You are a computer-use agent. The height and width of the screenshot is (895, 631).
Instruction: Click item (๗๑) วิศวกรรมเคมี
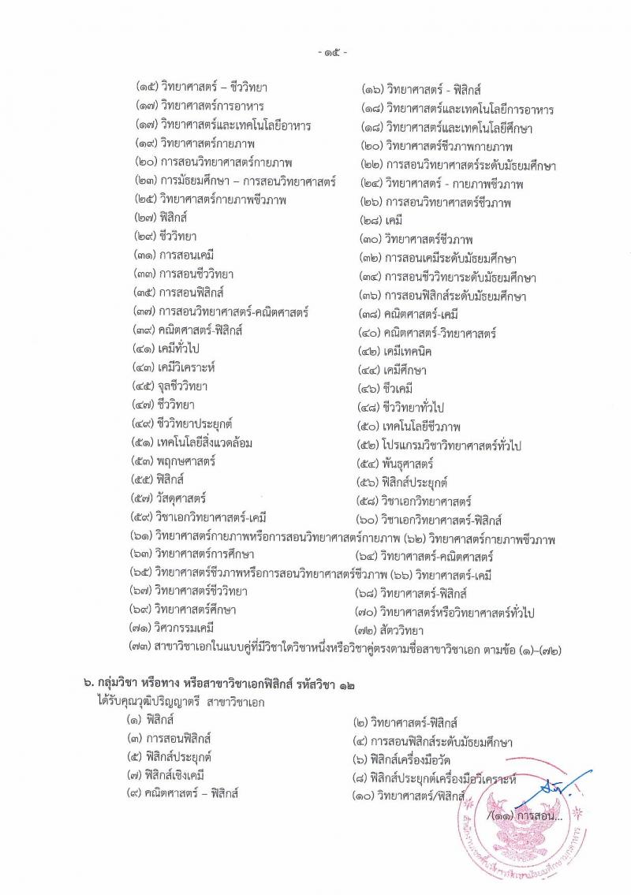(171, 628)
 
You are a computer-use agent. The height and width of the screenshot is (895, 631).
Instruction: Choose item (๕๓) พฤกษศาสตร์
(174, 461)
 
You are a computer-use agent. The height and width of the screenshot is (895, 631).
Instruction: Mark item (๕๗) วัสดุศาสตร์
(170, 498)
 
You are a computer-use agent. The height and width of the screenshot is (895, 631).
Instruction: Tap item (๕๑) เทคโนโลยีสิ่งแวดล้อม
(193, 443)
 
